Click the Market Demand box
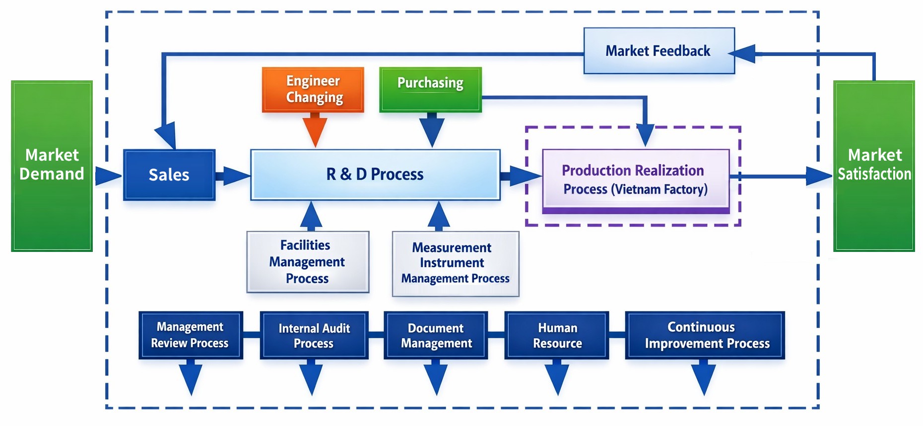pos(52,166)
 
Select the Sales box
pos(169,175)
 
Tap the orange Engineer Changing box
pos(313,89)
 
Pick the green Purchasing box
pos(430,89)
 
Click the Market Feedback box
pos(659,51)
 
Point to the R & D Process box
pos(375,175)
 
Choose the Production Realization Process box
pos(635,180)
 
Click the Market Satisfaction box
pos(874,166)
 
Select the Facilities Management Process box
pos(308,261)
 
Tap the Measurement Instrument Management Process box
pos(455,263)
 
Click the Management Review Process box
pos(191,335)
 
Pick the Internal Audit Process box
pos(314,335)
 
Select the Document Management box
pos(436,335)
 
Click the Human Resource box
pos(557,335)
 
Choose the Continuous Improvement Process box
pos(705,335)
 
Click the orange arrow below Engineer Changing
pos(315,130)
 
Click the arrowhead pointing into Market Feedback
pos(743,54)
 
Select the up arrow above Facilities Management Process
pos(311,215)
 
